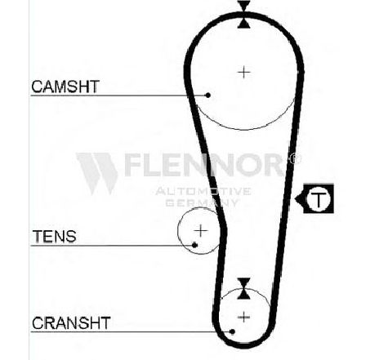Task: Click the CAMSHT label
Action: pyautogui.click(x=65, y=87)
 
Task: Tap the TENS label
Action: pyautogui.click(x=55, y=236)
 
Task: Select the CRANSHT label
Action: pyautogui.click(x=71, y=323)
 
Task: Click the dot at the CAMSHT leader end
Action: pyautogui.click(x=208, y=96)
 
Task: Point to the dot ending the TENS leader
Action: pyautogui.click(x=194, y=246)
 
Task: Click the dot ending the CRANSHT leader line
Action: pyautogui.click(x=232, y=331)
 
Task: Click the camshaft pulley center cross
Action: pyautogui.click(x=244, y=73)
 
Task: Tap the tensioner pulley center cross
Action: pyautogui.click(x=201, y=231)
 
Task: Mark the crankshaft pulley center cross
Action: pyautogui.click(x=243, y=318)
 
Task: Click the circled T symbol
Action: pyautogui.click(x=319, y=199)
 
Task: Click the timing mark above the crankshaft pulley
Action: pyautogui.click(x=243, y=289)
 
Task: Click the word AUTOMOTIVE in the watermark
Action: pyautogui.click(x=203, y=191)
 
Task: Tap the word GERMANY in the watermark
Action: pyautogui.click(x=202, y=202)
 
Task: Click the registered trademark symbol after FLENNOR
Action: pyautogui.click(x=294, y=158)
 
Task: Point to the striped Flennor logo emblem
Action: pyautogui.click(x=97, y=174)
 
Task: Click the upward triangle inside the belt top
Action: pyautogui.click(x=244, y=23)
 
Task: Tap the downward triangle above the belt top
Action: pyautogui.click(x=244, y=6)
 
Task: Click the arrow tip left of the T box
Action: pyautogui.click(x=295, y=199)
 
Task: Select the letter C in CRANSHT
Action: pyautogui.click(x=38, y=323)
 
